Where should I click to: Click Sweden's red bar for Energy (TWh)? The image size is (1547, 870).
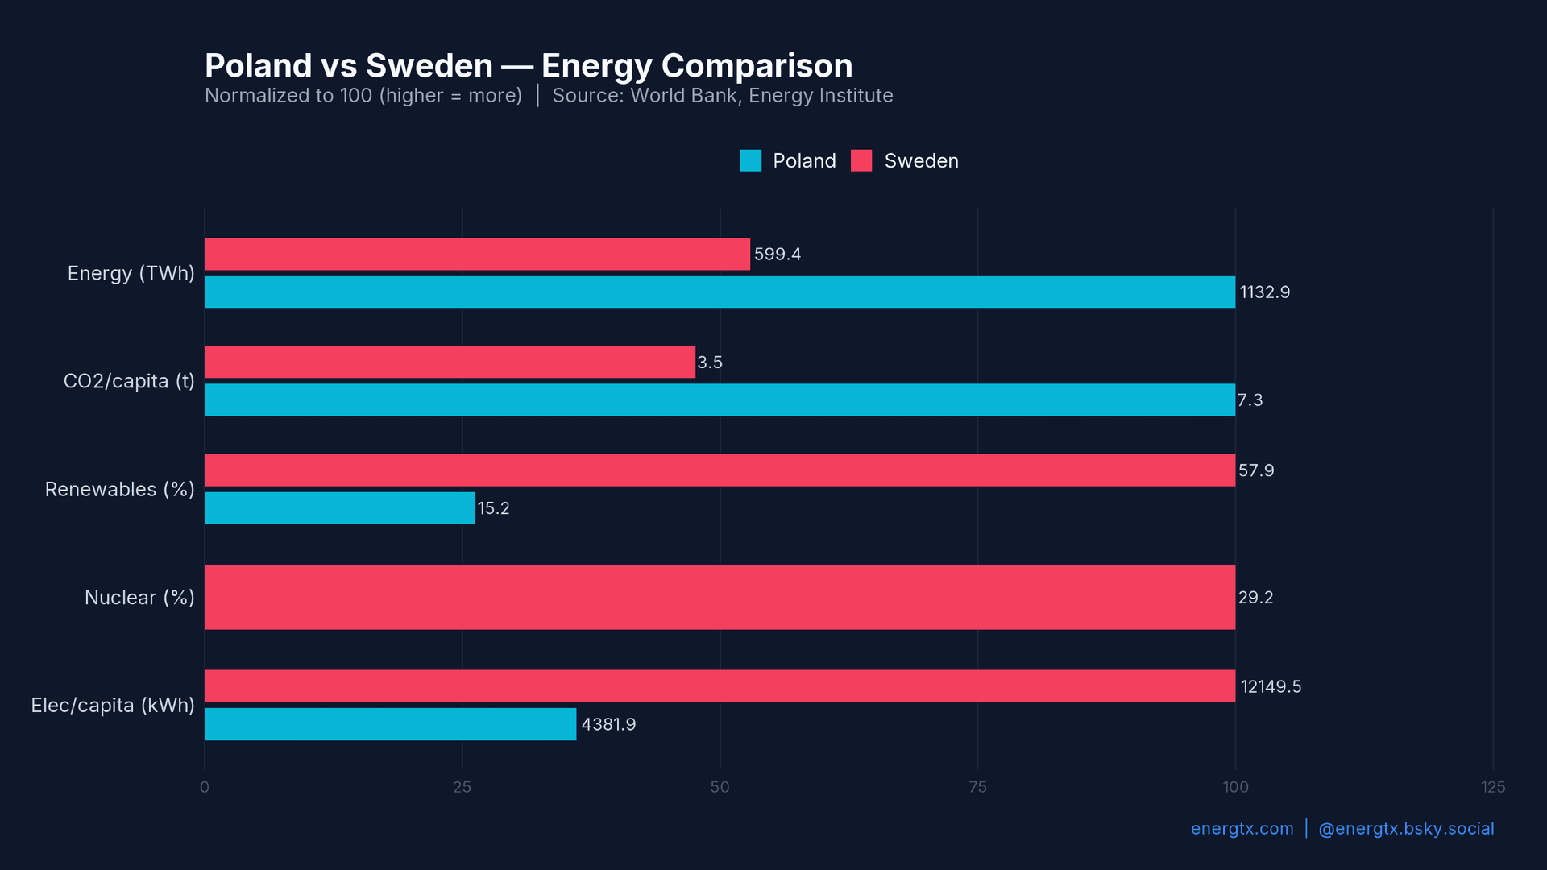click(x=477, y=254)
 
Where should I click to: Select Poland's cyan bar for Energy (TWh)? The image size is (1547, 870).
click(x=720, y=292)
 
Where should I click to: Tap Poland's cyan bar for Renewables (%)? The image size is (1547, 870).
click(x=339, y=508)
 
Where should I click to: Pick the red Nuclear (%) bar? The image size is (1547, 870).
click(x=720, y=597)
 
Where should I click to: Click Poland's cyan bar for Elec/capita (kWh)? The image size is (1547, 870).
click(x=390, y=724)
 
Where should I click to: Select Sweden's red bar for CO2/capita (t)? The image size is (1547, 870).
click(x=450, y=362)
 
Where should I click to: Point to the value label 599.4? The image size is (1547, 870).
click(x=777, y=255)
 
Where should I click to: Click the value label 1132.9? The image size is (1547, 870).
click(x=1264, y=292)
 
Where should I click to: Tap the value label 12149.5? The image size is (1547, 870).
click(x=1271, y=687)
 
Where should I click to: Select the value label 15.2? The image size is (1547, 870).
click(x=493, y=508)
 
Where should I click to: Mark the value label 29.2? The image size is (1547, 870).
click(x=1255, y=598)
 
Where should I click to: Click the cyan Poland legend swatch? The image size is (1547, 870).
click(x=750, y=160)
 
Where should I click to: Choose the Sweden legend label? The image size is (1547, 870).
click(x=921, y=161)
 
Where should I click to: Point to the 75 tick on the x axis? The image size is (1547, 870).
click(x=977, y=787)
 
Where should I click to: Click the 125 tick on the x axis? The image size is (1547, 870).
click(x=1492, y=787)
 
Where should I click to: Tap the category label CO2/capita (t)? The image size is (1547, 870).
click(x=129, y=381)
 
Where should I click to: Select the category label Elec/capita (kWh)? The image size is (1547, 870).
click(x=113, y=706)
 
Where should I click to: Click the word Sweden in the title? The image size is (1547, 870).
click(x=429, y=66)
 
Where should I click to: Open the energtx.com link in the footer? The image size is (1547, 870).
click(x=1242, y=829)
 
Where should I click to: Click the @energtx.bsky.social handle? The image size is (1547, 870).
click(x=1405, y=829)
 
